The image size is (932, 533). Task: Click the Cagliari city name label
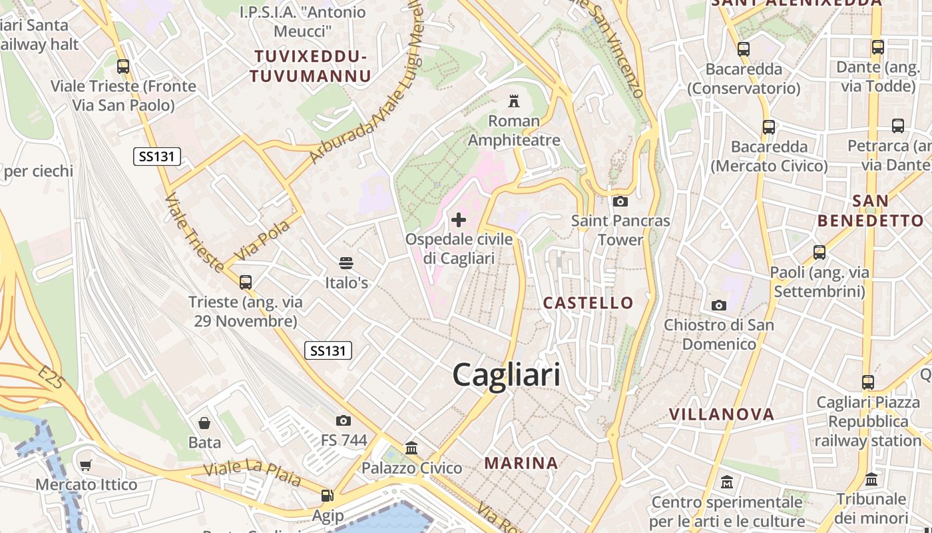tap(506, 375)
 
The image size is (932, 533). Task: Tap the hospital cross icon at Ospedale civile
tap(459, 219)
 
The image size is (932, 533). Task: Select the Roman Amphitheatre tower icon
tap(513, 101)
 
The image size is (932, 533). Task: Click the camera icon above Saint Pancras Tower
tap(620, 201)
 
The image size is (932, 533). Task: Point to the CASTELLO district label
tap(588, 303)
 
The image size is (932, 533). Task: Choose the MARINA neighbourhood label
tap(521, 462)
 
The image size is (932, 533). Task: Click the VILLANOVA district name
tap(722, 414)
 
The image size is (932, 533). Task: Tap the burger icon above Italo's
tap(346, 263)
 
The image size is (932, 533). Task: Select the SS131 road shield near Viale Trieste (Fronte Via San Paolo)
tap(157, 157)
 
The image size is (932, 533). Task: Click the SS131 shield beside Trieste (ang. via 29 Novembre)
tap(328, 350)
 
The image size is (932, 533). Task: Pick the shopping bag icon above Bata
tap(204, 422)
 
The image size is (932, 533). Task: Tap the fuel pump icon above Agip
tap(327, 495)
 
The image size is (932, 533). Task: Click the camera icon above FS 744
tap(344, 420)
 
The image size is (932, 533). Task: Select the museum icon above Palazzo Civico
tap(411, 448)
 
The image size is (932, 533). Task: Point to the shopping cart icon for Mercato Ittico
tap(86, 465)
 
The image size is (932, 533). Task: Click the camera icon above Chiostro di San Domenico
tap(719, 305)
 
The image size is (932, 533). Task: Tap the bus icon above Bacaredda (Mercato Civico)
tap(769, 127)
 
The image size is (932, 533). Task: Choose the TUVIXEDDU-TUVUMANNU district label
tap(310, 65)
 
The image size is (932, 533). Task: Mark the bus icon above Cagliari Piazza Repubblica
tap(868, 382)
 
